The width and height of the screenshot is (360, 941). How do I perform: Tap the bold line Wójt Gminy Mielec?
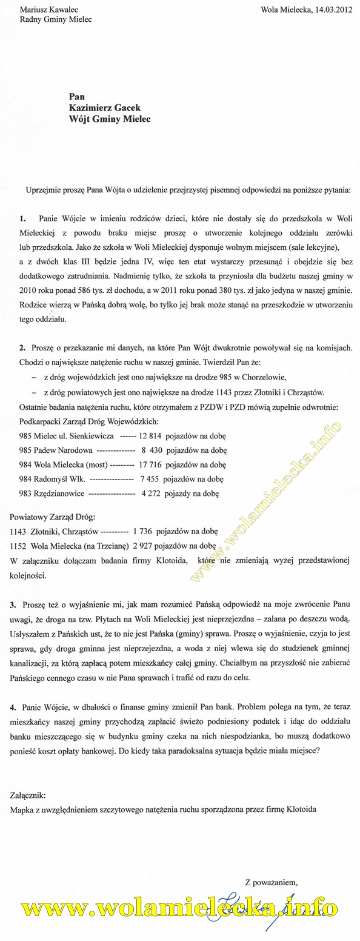(x=110, y=119)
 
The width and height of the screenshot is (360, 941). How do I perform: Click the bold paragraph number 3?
(x=13, y=605)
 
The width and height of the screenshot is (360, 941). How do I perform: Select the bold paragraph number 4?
(x=13, y=707)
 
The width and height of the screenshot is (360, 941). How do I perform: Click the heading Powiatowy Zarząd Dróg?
(x=49, y=515)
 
